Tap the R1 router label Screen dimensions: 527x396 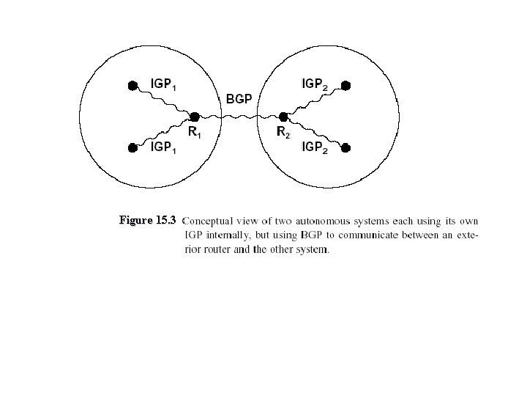(x=195, y=133)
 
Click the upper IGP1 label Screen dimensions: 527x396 (x=162, y=84)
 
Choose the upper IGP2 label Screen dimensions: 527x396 (x=315, y=84)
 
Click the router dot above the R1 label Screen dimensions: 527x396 (x=195, y=116)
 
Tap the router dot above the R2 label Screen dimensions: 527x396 (x=283, y=116)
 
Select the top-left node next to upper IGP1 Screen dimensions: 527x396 (x=132, y=85)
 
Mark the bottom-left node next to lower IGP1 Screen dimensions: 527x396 (x=132, y=147)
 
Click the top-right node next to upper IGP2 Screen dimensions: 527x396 (x=346, y=85)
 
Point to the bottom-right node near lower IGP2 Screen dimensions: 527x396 (x=346, y=147)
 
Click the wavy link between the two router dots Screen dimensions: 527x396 (x=239, y=116)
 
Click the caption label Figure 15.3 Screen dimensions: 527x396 (x=148, y=220)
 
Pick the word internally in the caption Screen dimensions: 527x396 (x=227, y=235)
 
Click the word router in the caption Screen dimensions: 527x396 (x=215, y=250)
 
